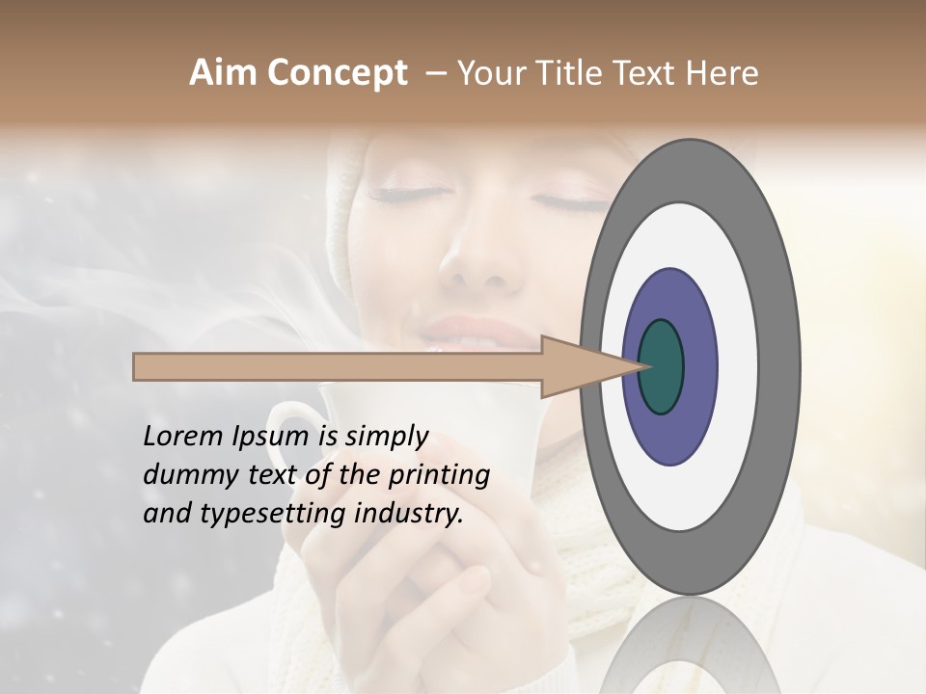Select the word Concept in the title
tap(337, 74)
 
